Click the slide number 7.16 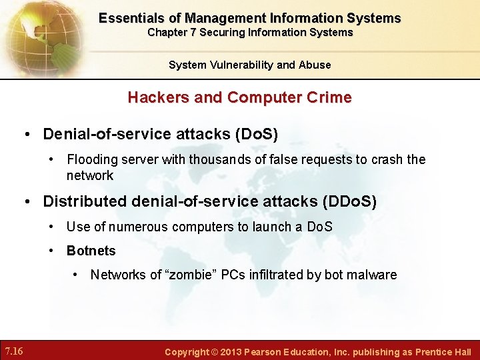coord(14,351)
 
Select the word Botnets coord(91,251)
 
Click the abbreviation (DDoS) coord(349,201)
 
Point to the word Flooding coord(92,159)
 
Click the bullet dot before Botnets coord(53,251)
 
